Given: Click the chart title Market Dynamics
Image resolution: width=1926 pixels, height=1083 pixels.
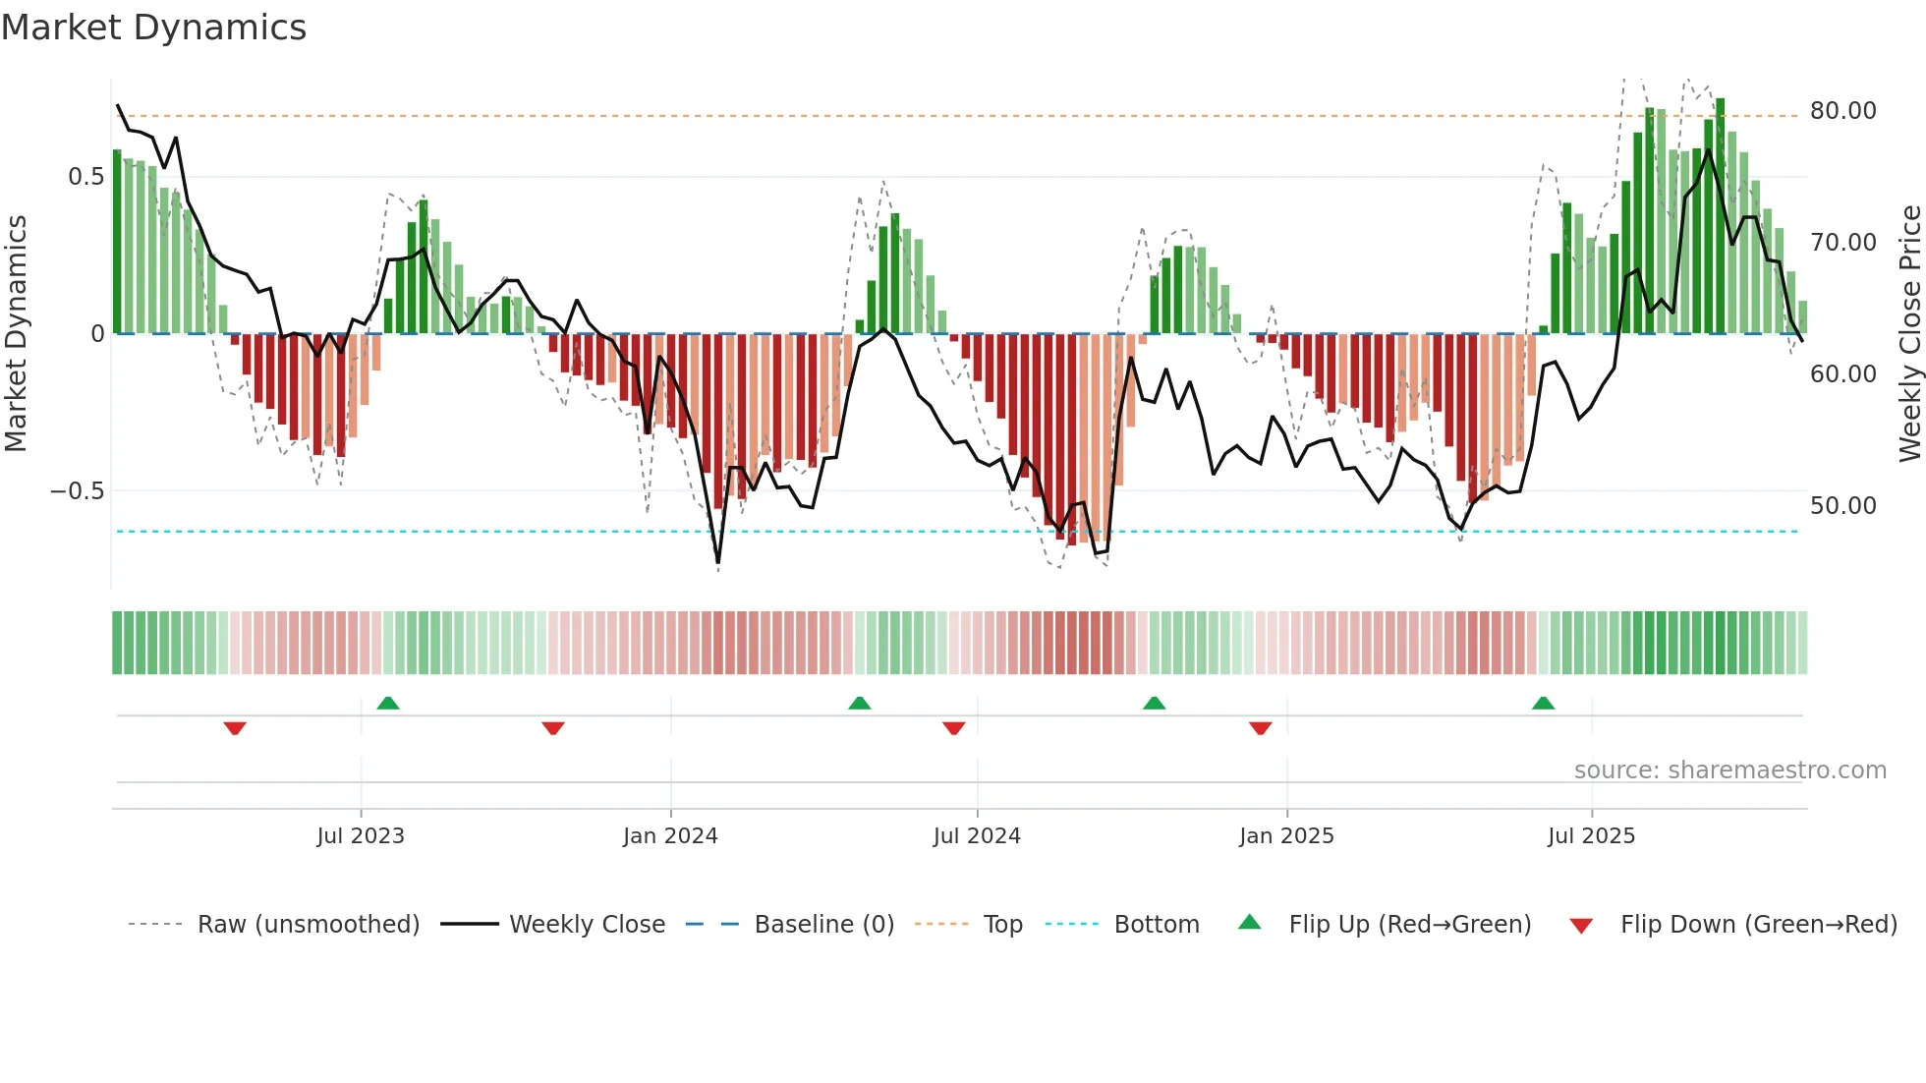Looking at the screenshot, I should [x=154, y=28].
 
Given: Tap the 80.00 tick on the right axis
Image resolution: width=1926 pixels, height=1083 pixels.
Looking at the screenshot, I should [x=1842, y=111].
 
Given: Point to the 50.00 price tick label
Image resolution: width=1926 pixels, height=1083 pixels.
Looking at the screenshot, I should [x=1842, y=506].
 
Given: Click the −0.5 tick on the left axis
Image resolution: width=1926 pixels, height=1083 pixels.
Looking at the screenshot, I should [x=78, y=491].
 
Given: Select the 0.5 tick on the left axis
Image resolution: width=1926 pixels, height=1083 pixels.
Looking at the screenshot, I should [x=85, y=177].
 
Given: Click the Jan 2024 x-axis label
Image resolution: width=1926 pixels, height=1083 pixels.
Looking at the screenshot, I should [x=670, y=836].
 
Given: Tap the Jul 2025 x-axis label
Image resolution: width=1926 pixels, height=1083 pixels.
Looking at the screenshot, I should [x=1591, y=836].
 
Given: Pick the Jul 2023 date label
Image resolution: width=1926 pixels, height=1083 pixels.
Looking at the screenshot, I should [x=361, y=836].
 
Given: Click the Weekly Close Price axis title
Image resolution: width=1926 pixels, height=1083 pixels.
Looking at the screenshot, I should [x=1909, y=334].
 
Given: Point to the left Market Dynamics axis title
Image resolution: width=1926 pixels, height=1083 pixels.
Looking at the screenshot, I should [x=16, y=334].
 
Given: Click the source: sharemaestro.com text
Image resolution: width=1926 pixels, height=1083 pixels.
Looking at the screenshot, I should [x=1729, y=770].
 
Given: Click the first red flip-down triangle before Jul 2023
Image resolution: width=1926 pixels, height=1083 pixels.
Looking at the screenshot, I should [x=235, y=728].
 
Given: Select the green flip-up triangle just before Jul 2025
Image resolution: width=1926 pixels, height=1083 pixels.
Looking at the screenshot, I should [x=1543, y=704].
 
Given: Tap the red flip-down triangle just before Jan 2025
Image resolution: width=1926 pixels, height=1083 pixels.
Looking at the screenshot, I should [x=1261, y=728].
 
